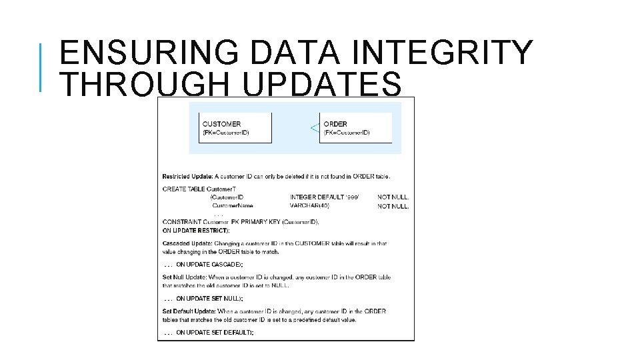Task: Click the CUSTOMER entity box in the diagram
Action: [x=236, y=127]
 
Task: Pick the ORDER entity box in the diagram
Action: [x=355, y=127]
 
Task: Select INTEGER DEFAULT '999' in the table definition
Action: [x=325, y=197]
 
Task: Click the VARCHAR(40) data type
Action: [x=309, y=206]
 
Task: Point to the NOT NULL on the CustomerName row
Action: [x=393, y=207]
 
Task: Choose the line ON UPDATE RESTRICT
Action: [x=196, y=230]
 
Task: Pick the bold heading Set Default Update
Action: [x=189, y=311]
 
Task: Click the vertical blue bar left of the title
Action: [x=41, y=67]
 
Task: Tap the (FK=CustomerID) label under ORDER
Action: [x=347, y=133]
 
